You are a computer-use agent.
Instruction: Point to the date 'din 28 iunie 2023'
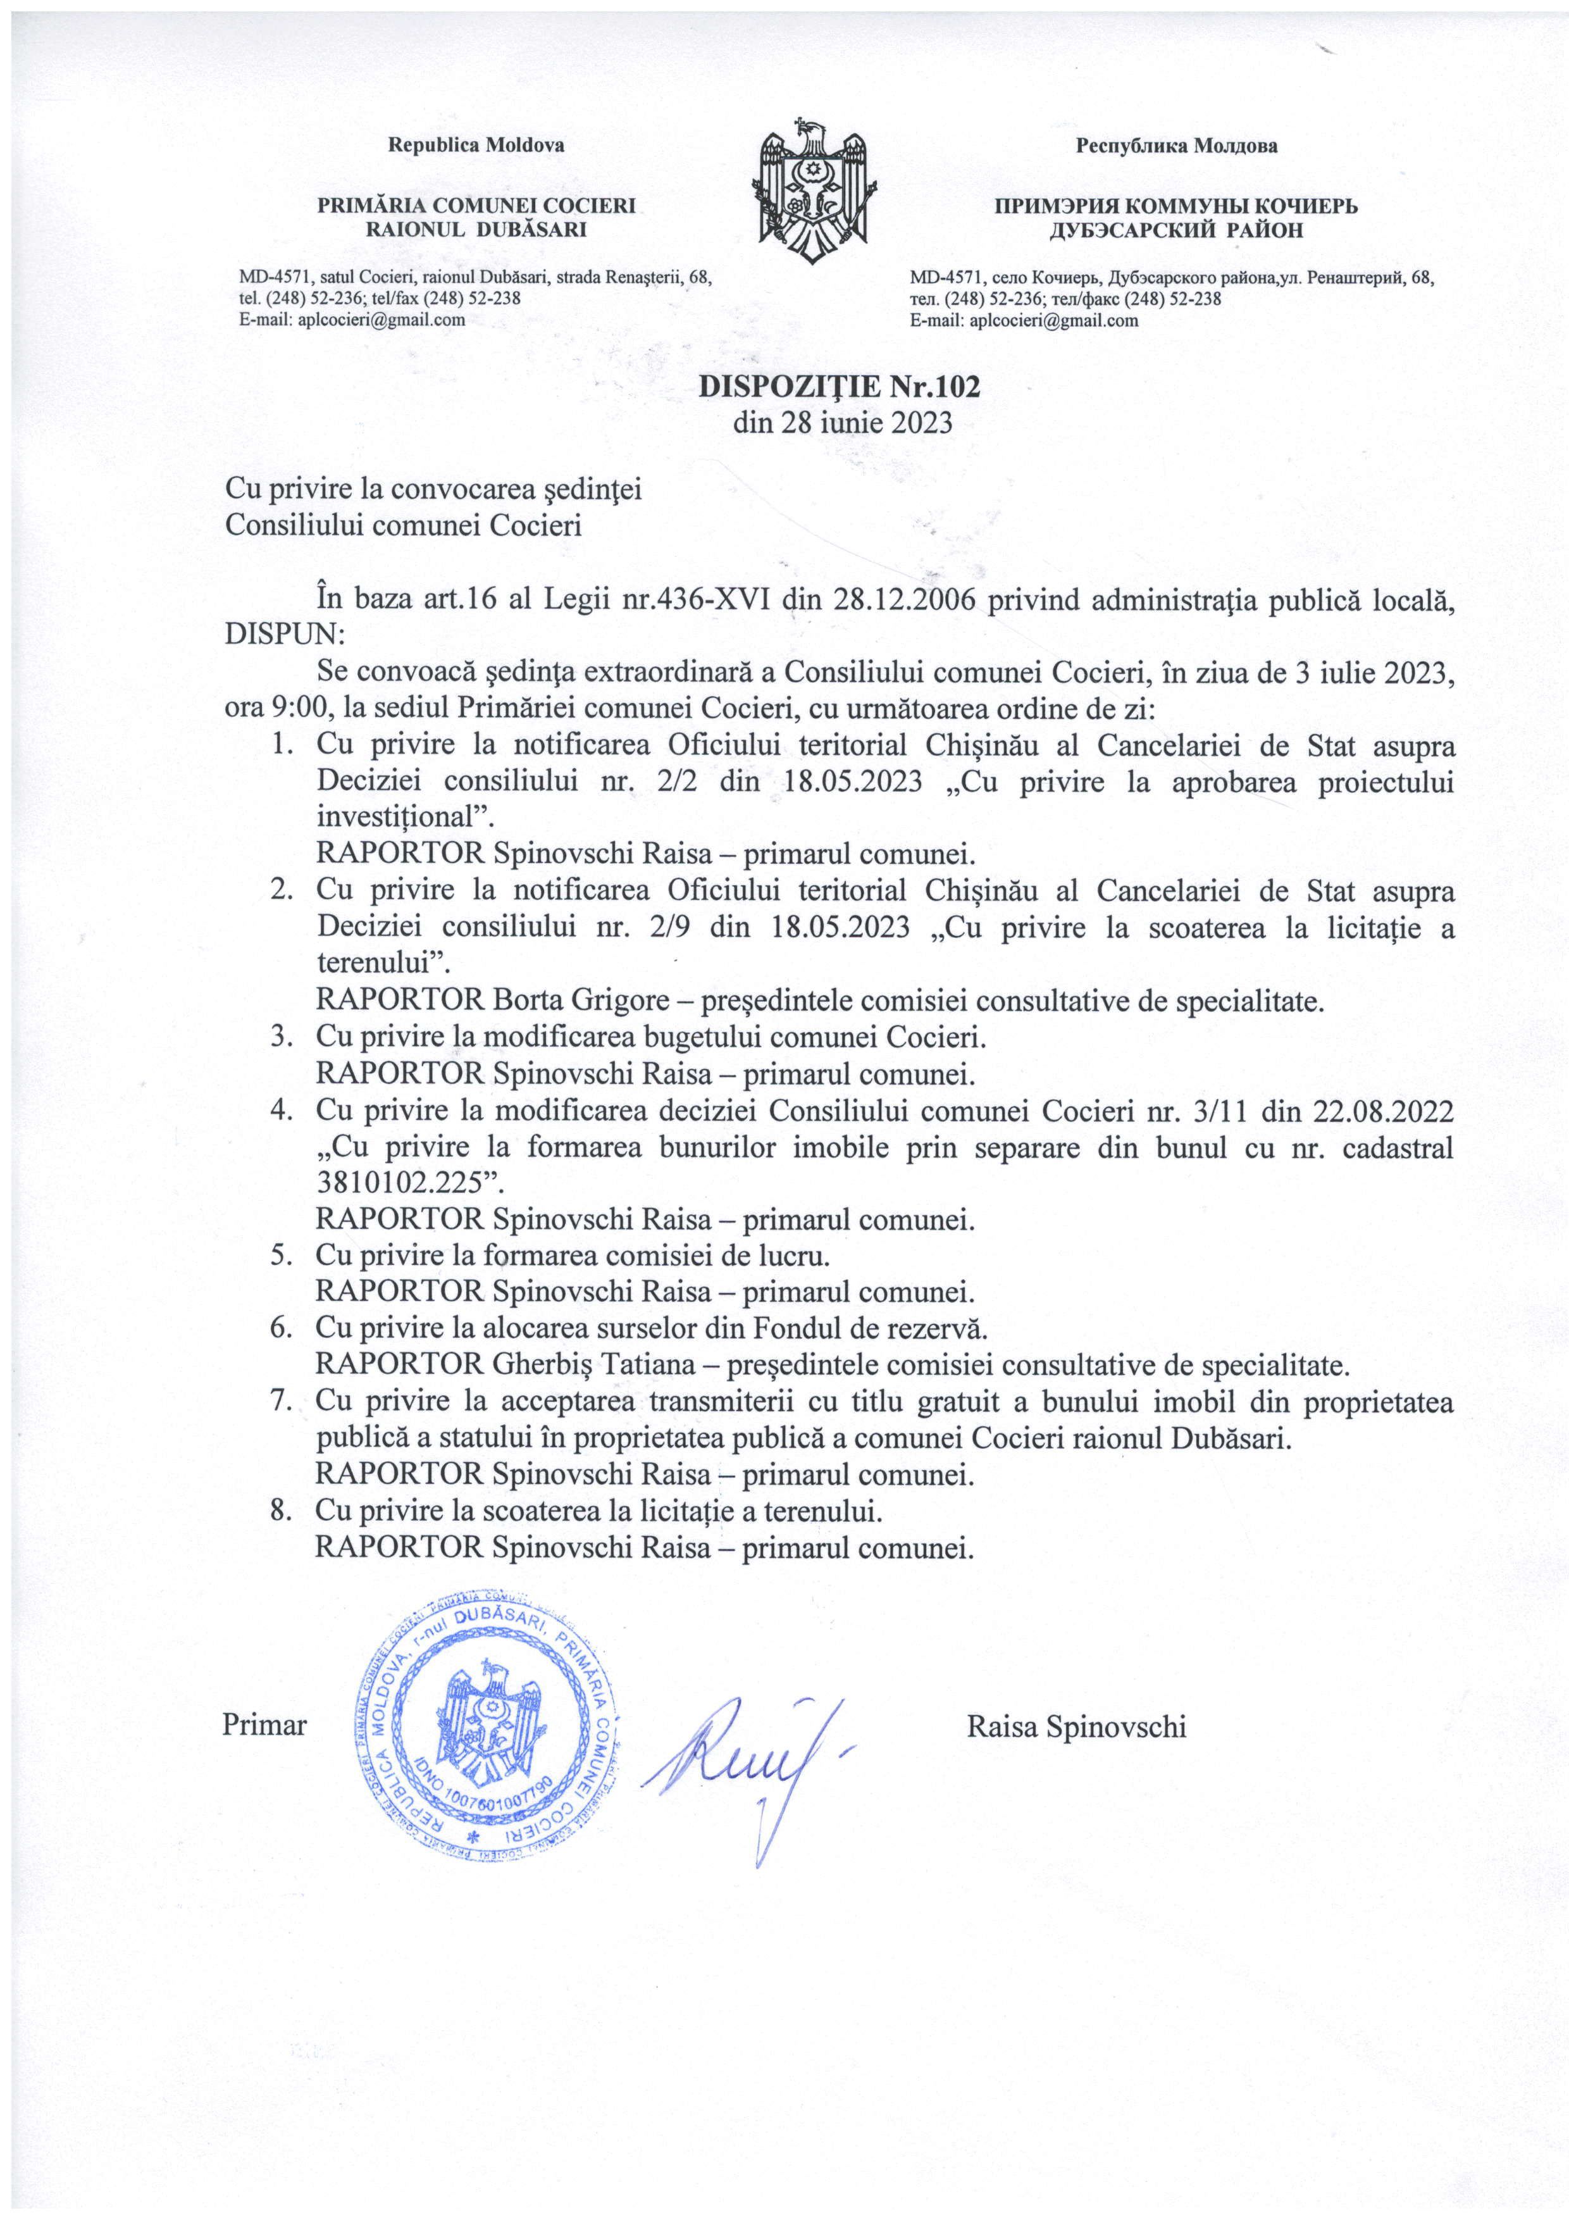(x=843, y=423)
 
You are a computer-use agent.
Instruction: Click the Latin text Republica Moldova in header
(x=476, y=146)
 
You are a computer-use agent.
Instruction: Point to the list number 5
(x=282, y=1256)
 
